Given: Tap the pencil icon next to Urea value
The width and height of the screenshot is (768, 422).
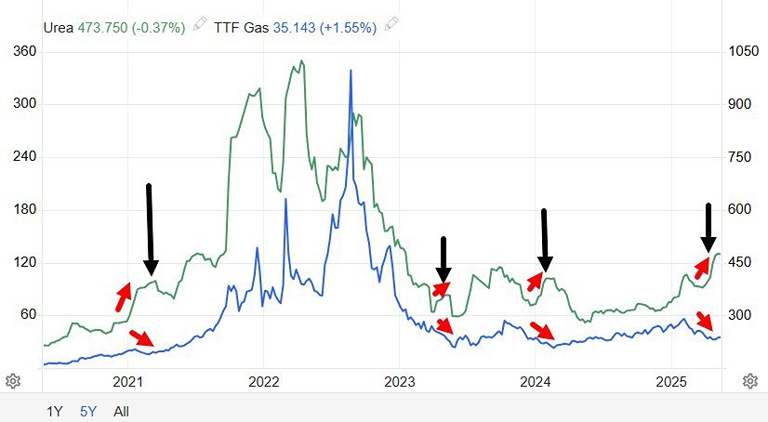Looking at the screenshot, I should point(200,27).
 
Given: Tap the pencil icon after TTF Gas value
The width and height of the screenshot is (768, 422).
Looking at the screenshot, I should point(391,27).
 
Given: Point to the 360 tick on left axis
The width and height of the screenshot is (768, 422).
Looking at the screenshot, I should point(22,51).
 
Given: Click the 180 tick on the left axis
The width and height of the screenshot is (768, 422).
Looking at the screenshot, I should point(22,210).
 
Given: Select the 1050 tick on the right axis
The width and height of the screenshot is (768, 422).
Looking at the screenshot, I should point(744,51).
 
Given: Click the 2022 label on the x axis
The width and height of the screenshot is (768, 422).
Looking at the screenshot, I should point(264,382).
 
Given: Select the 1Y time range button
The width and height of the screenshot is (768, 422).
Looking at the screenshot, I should point(56,410).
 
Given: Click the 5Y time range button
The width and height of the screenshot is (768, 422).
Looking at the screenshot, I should point(88,410).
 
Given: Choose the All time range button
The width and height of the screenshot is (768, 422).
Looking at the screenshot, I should point(121,410).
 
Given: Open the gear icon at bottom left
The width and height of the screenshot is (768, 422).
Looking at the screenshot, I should point(13,381).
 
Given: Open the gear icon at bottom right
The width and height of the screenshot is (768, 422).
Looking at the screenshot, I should point(750,381).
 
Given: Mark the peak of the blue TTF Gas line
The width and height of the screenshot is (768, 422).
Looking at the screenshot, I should point(351,71).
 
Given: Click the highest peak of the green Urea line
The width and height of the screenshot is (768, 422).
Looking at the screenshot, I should point(300,61).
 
